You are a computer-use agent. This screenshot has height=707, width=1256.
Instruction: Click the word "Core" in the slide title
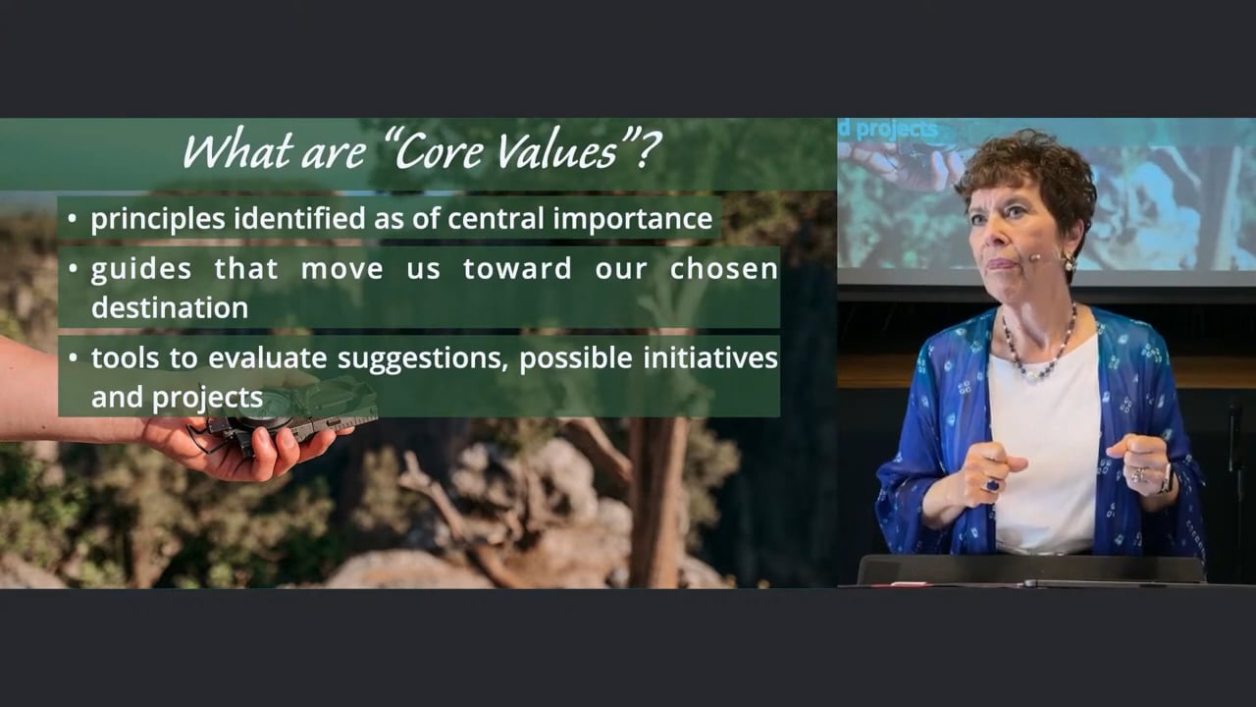(438, 150)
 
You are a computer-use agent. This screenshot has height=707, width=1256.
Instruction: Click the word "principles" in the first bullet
(158, 219)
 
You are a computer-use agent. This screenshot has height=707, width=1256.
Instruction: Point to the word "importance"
(633, 219)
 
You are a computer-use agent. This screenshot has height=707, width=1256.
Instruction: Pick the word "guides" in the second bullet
(141, 270)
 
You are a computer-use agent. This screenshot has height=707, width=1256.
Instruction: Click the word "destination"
(170, 307)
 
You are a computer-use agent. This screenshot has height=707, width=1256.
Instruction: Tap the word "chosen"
(724, 268)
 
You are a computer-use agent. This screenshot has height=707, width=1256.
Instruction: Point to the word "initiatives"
(710, 358)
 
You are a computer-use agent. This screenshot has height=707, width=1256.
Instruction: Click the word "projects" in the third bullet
(207, 398)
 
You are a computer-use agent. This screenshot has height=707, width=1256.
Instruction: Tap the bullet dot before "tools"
(73, 356)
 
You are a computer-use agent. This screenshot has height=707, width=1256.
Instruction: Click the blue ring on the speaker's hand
(992, 484)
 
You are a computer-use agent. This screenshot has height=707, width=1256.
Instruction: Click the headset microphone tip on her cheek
(1034, 259)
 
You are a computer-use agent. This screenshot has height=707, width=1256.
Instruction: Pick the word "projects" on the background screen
(897, 130)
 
